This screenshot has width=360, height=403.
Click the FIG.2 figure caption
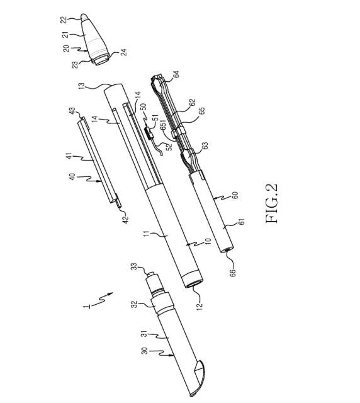pos(272,203)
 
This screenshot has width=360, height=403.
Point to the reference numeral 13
pos(81,86)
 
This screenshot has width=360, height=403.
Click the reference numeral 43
pos(73,111)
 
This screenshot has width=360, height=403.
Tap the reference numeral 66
pos(232,272)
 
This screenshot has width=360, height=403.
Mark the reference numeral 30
pos(145,351)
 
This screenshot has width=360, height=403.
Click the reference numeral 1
pos(88,307)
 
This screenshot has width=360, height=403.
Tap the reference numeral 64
pos(176,74)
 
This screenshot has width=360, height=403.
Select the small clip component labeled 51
pos(149,133)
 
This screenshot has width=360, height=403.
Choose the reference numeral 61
pos(242,222)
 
